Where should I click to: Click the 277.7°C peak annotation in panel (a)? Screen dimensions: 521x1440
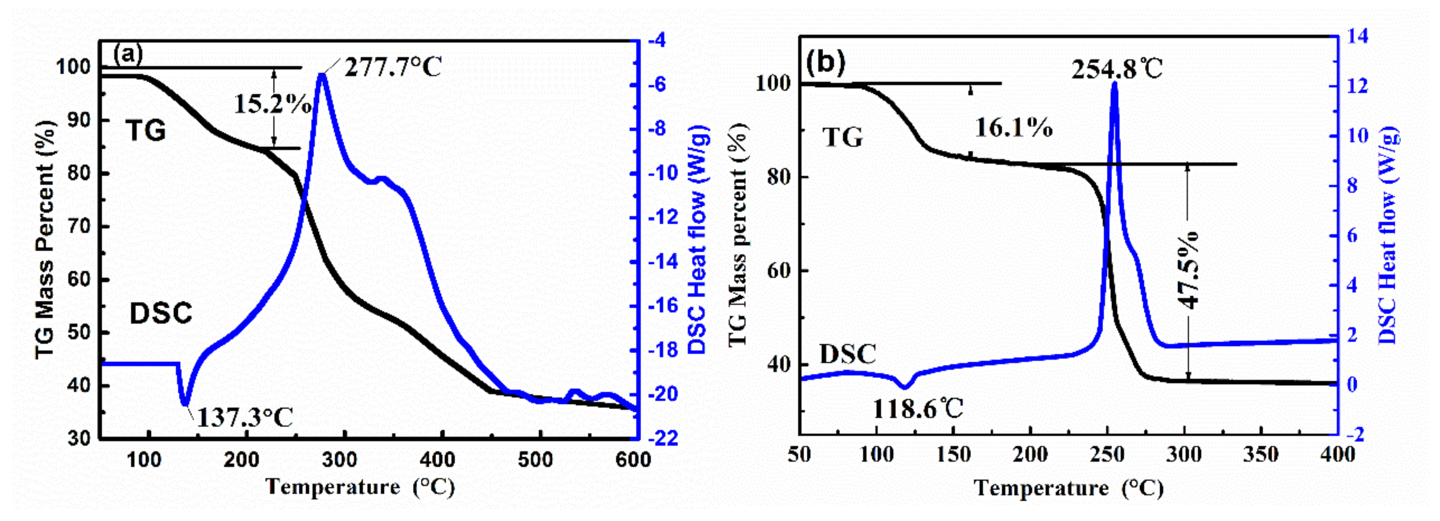393,68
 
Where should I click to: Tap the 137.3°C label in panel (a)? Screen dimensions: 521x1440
245,417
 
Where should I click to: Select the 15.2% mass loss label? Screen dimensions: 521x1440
272,104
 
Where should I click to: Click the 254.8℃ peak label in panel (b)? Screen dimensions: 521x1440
1117,70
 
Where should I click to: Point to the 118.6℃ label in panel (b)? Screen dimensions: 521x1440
918,409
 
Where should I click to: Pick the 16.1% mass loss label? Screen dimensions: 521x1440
1013,128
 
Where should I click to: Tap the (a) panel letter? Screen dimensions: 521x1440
128,54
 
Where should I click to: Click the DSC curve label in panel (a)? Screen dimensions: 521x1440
161,313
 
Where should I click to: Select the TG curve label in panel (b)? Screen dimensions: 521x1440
842,137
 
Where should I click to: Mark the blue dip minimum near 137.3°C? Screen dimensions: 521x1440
185,403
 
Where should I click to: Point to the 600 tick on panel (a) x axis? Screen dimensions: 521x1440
633,460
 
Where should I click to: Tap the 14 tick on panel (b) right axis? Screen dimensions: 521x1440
1358,36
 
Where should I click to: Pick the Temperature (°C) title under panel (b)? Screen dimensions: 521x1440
1069,488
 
